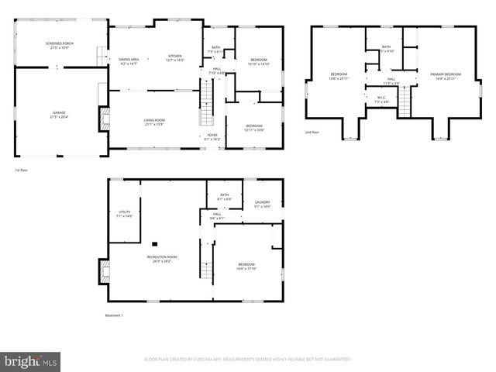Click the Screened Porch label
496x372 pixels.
point(59,46)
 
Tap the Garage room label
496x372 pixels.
point(59,115)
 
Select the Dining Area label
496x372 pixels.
point(129,61)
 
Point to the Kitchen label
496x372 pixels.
point(176,58)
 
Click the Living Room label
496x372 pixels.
point(154,122)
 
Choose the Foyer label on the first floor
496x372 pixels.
point(212,136)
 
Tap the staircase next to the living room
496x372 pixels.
point(207,108)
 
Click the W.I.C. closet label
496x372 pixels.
point(381,98)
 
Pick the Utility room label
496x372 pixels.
point(124,214)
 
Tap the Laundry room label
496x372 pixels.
point(262,204)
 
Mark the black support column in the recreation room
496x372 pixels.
point(155,243)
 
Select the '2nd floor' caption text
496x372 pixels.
point(312,133)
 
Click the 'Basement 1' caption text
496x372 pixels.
point(114,315)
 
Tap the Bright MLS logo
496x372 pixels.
point(31,361)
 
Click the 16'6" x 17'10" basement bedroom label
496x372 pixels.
point(246,267)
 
